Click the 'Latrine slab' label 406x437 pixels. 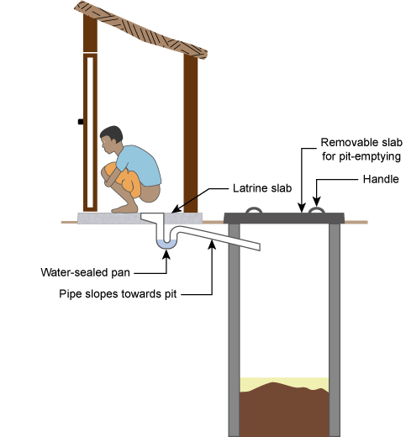coord(262,188)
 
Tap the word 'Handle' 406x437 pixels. coord(381,179)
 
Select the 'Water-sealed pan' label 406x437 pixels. coord(85,272)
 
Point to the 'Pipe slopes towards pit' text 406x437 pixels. coord(118,294)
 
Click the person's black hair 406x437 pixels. coord(113,134)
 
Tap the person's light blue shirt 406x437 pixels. coord(140,165)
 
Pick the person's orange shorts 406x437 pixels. coord(124,179)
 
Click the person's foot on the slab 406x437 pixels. coord(124,208)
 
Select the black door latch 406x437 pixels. coord(81,122)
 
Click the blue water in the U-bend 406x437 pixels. coord(166,245)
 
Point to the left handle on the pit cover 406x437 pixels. coord(254,209)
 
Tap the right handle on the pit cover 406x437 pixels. coord(317,209)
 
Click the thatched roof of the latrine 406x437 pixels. coord(141,30)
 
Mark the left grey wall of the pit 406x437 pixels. coord(234,330)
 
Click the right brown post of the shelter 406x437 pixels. coord(191,133)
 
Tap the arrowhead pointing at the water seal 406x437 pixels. coord(166,254)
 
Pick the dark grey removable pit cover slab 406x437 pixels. coord(284,218)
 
